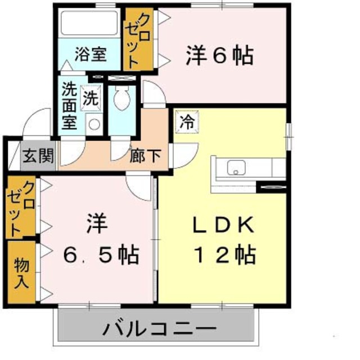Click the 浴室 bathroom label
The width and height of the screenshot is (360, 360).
[x=91, y=55]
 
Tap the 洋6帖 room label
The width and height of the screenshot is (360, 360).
[x=219, y=55]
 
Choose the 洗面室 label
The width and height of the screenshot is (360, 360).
[x=69, y=106]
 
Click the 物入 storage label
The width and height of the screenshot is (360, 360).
[x=21, y=272]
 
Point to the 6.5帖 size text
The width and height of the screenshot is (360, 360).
[x=100, y=256]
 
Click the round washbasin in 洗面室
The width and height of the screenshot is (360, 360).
[x=94, y=123]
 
